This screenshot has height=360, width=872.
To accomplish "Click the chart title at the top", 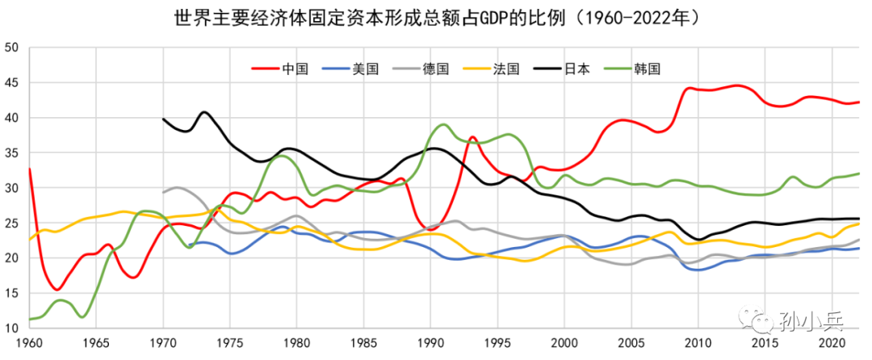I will click(436, 16).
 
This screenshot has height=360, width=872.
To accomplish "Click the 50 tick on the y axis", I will click(10, 48).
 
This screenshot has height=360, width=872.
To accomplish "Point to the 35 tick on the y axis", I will click(10, 153).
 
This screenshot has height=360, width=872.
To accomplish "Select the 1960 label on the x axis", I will click(30, 342).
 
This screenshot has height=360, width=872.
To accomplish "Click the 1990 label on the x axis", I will click(430, 342).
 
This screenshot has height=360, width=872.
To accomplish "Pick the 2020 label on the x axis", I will click(831, 342).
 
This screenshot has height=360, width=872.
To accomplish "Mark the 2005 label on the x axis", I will click(630, 342).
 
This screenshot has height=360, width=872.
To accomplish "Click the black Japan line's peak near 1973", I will click(203, 112).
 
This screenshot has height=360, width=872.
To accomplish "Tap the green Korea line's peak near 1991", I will click(443, 124).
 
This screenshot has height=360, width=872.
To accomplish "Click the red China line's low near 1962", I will click(57, 289).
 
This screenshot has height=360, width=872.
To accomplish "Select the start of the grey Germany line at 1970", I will click(164, 192).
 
